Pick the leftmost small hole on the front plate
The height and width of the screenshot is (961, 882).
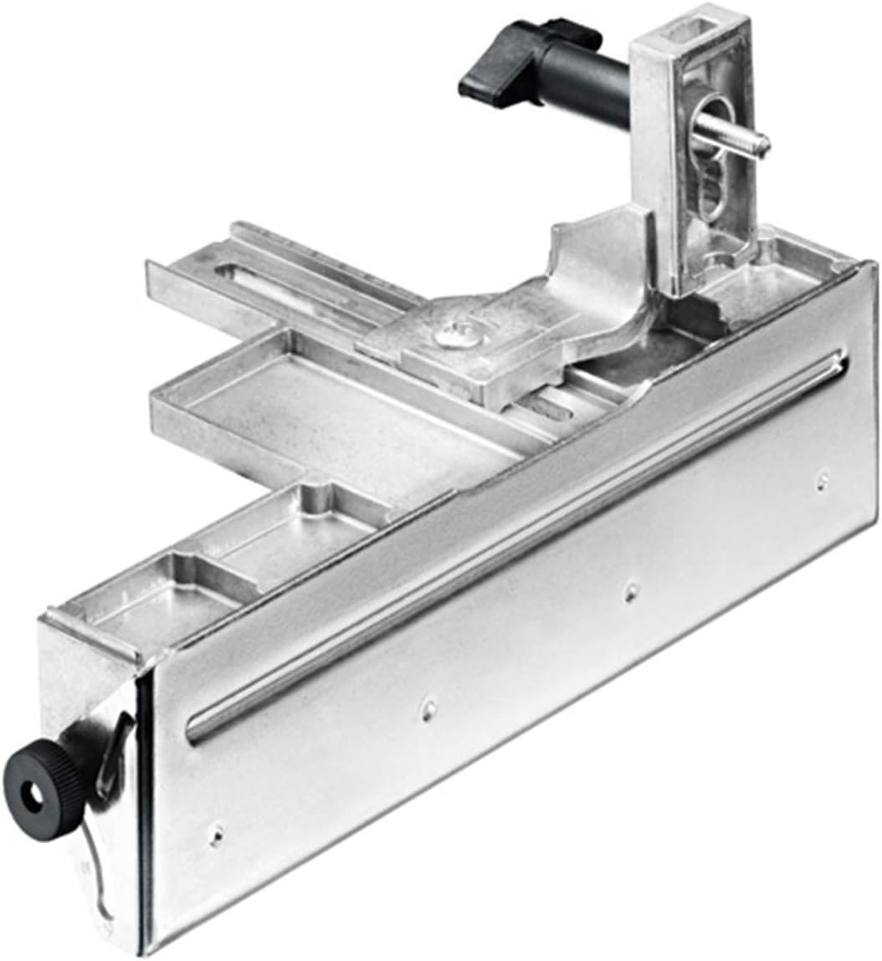pos(216,833)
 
